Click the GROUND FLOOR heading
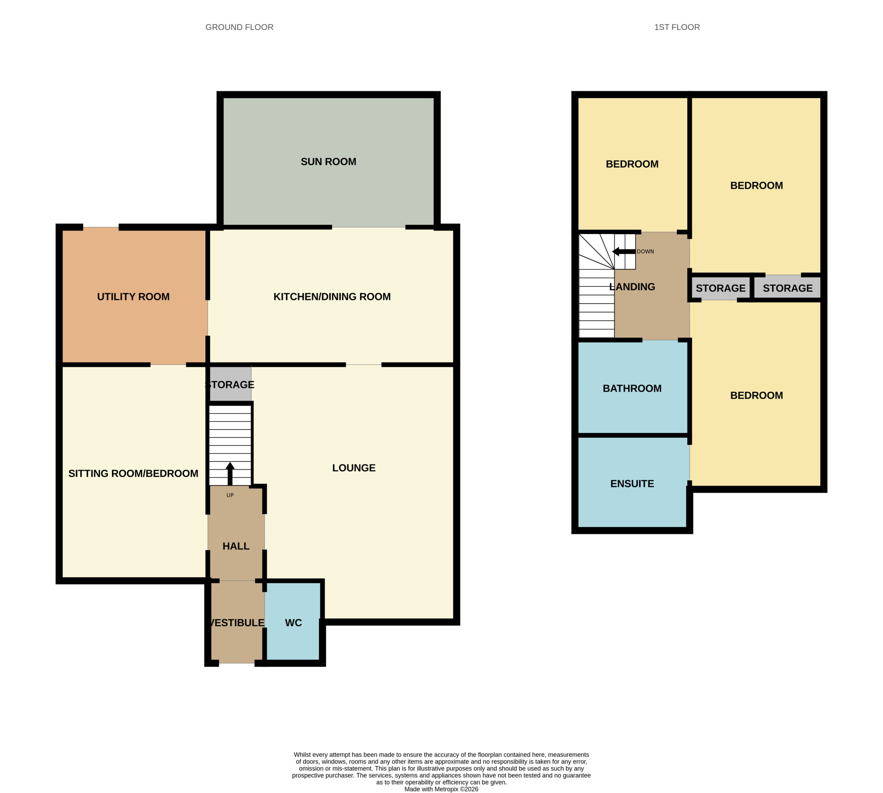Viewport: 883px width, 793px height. (239, 27)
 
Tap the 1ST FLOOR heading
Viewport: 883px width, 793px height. (677, 27)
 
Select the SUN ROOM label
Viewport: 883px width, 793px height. (328, 161)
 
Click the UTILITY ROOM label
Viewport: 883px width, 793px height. (133, 297)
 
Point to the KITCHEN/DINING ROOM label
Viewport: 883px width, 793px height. (332, 297)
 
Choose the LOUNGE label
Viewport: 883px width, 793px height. (354, 468)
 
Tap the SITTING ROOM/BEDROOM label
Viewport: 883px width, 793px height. (133, 473)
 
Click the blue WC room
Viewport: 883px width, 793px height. (293, 623)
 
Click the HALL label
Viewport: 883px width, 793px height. (236, 546)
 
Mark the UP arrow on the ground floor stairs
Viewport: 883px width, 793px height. (230, 473)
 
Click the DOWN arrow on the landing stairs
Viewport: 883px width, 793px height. (624, 252)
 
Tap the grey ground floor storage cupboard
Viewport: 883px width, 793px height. (230, 384)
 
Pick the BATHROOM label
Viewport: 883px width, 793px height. (632, 388)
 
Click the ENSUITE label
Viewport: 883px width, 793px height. (632, 484)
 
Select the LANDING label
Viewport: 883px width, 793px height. (632, 287)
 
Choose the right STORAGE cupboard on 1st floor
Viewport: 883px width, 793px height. (787, 287)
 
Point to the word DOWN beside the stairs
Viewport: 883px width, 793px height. (645, 252)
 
